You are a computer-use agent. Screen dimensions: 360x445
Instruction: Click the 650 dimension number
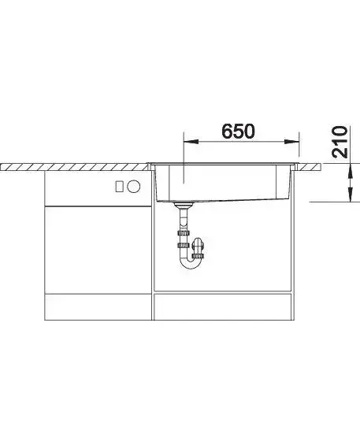[x=238, y=131]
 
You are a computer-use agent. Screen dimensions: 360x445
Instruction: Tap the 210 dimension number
[x=340, y=142]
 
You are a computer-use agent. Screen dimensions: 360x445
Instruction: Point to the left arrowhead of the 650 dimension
[x=191, y=142]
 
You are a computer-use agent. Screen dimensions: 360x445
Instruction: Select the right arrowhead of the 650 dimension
[x=292, y=142]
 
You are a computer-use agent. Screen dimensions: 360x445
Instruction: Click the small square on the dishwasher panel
[x=120, y=187]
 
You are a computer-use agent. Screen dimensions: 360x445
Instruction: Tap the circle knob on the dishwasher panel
[x=134, y=187]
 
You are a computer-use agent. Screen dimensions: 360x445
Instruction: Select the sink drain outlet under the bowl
[x=184, y=204]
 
